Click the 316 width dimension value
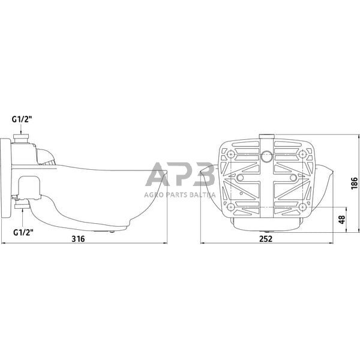pos(78,238)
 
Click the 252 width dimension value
pos(266,238)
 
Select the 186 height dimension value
pos(354,183)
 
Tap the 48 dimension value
pos(341,220)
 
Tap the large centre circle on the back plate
pos(266,157)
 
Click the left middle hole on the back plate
pos(240,179)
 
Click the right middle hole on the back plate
pos(293,179)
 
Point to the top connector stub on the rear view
pos(266,137)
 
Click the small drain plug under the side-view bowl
pos(112,230)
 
